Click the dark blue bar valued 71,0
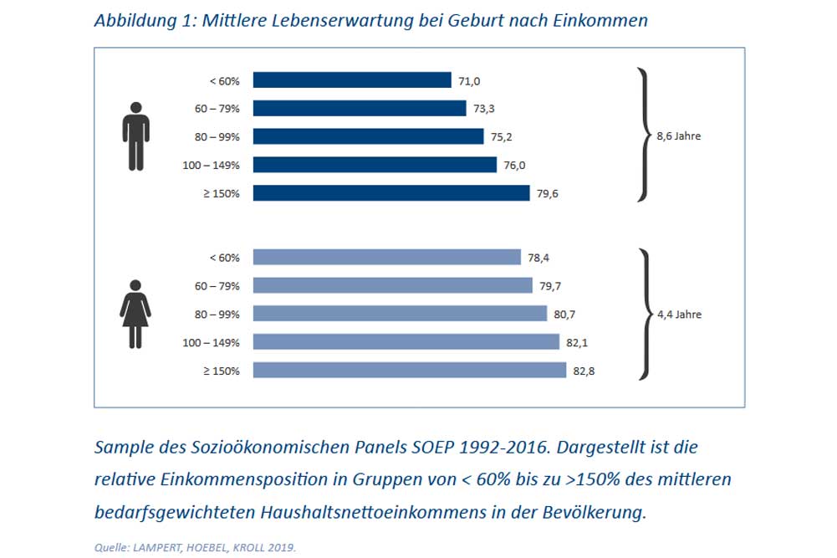(x=351, y=80)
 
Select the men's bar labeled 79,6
(x=390, y=193)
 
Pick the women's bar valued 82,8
(x=409, y=371)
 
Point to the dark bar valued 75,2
(x=368, y=136)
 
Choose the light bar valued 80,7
(x=399, y=314)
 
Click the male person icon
(x=135, y=136)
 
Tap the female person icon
(x=135, y=314)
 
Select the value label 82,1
(x=580, y=342)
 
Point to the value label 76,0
(x=515, y=165)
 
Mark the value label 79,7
(x=550, y=286)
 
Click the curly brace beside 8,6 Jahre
(x=642, y=136)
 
